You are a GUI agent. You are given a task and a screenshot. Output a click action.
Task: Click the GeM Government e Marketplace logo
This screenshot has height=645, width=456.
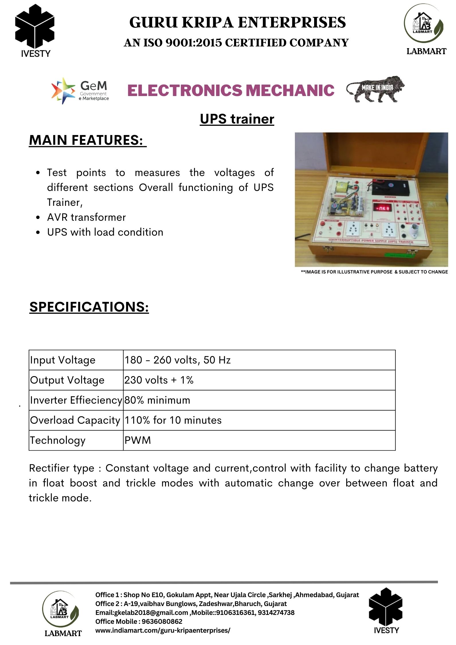point(80,90)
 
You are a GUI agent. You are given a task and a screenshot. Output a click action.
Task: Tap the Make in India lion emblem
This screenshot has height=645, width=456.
point(375,89)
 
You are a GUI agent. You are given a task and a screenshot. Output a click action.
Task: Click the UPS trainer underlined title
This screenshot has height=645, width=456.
point(237,119)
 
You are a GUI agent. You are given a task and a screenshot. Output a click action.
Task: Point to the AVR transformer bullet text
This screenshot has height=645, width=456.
point(86,217)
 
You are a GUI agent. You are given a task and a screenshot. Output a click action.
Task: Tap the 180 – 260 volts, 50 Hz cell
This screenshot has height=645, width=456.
point(177,360)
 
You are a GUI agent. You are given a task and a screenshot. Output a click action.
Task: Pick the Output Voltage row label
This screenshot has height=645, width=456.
point(67,380)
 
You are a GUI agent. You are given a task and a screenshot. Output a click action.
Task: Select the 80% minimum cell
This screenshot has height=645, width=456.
point(157,400)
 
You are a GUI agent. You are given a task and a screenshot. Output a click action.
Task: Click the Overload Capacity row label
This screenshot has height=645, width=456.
point(75,420)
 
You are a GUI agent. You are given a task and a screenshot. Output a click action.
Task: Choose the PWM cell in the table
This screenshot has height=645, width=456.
point(138,440)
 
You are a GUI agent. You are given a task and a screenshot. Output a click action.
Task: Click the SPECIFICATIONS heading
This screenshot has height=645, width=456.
point(89,307)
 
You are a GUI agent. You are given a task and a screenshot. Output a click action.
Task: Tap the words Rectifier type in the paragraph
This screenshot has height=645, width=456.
point(62,468)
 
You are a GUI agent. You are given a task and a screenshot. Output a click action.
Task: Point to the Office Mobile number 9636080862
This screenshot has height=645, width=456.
point(162,621)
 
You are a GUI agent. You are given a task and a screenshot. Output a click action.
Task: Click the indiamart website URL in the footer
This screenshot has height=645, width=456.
point(163,630)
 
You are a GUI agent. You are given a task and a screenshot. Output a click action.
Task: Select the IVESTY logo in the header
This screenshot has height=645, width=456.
point(35,30)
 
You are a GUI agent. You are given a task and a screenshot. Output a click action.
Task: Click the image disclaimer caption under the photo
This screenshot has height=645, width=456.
point(374,272)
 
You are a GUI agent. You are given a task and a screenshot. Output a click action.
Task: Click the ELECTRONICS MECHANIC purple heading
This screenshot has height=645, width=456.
point(231,90)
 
